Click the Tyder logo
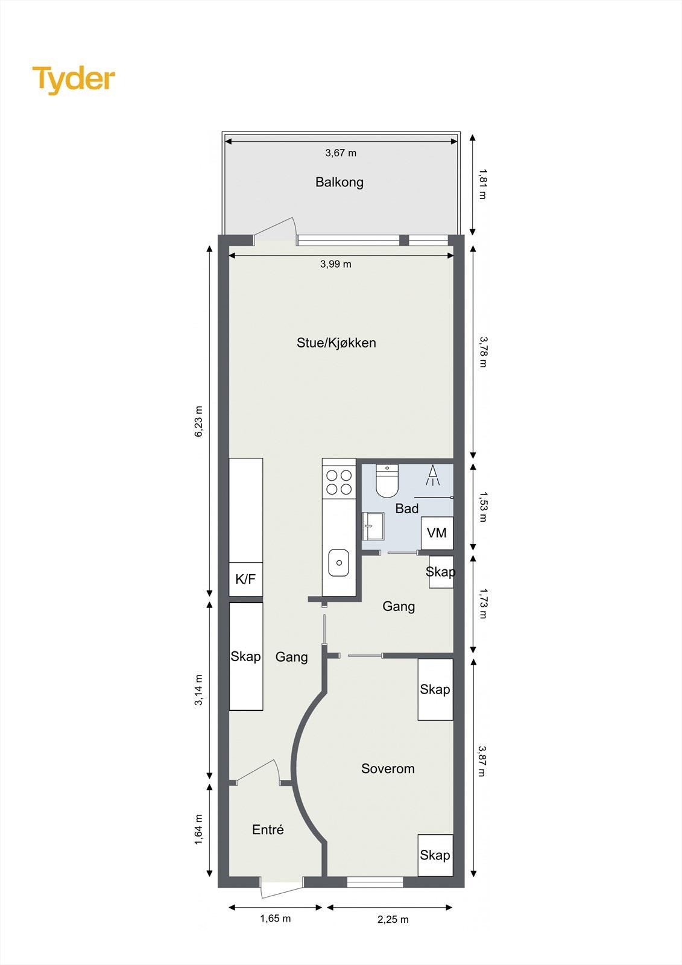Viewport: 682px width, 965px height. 74,80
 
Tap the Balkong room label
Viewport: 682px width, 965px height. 339,182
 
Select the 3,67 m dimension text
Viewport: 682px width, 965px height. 341,153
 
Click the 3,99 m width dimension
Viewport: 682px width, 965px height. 336,264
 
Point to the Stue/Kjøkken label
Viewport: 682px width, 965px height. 336,343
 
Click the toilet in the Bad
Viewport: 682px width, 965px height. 387,481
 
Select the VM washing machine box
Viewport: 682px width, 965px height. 437,533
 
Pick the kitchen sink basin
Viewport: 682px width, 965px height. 339,563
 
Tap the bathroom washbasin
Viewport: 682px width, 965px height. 373,526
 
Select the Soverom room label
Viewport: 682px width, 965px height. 388,769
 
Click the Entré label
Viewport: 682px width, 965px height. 268,830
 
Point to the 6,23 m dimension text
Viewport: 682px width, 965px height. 199,422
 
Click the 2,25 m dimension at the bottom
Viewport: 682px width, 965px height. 393,920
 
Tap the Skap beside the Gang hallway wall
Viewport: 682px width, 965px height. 246,656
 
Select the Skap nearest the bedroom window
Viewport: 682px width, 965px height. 435,855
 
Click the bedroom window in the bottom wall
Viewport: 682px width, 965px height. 375,882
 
